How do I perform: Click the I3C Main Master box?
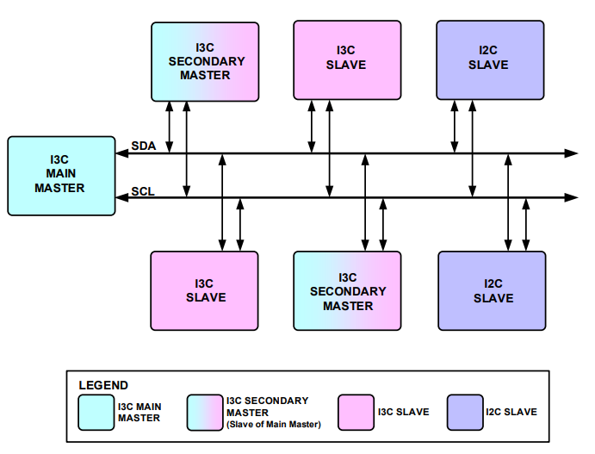click(61, 175)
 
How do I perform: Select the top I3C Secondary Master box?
click(205, 60)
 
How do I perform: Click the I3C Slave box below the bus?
click(204, 290)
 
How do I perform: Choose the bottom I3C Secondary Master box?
click(347, 291)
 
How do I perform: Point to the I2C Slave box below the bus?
click(492, 290)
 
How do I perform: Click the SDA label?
click(143, 146)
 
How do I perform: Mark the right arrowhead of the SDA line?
click(572, 153)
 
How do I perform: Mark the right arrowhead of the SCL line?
click(572, 198)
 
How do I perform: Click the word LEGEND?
click(103, 385)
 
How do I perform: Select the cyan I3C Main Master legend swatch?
click(95, 412)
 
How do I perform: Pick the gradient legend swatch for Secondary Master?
click(202, 412)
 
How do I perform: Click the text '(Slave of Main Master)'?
click(274, 424)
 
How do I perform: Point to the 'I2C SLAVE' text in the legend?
click(512, 412)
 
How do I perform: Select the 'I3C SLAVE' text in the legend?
click(403, 412)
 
